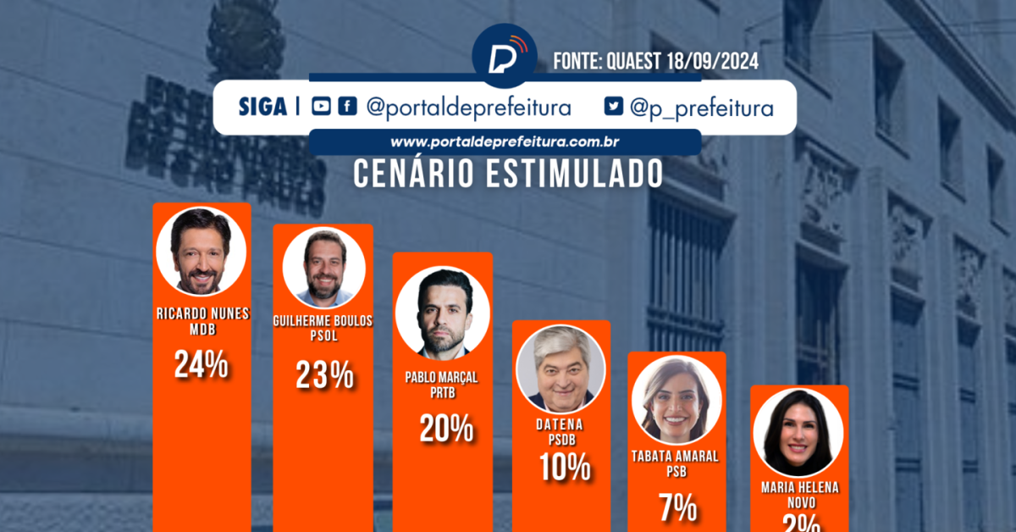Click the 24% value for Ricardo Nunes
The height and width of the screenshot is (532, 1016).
pyautogui.click(x=202, y=364)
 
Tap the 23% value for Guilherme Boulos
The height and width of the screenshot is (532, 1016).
pyautogui.click(x=324, y=375)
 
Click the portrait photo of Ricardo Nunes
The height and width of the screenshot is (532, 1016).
pyautogui.click(x=202, y=250)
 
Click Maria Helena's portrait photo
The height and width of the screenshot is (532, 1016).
pyautogui.click(x=798, y=432)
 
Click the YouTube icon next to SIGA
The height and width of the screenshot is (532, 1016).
pyautogui.click(x=321, y=107)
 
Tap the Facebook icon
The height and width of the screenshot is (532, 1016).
pyautogui.click(x=346, y=107)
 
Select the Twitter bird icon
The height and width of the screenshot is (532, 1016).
pyautogui.click(x=614, y=107)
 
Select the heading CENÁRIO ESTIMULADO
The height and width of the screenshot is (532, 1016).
pyautogui.click(x=506, y=173)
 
